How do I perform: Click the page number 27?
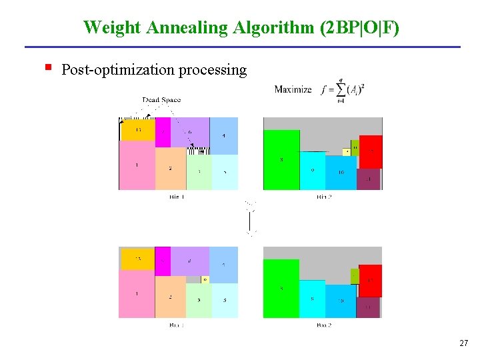click(x=463, y=343)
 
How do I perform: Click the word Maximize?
click(x=293, y=89)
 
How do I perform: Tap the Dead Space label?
click(x=161, y=100)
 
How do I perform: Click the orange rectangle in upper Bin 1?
click(x=138, y=130)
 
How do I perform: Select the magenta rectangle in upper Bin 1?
click(x=163, y=132)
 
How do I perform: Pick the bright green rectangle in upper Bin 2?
click(x=281, y=160)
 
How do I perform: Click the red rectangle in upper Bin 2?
click(x=371, y=151)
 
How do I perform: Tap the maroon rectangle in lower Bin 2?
click(x=368, y=307)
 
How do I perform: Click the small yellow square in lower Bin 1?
click(x=205, y=279)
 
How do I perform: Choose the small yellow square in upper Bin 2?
click(x=347, y=152)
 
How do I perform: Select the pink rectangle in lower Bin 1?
click(x=137, y=293)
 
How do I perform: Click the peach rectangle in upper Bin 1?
click(x=170, y=168)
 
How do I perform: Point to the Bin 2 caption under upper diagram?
click(x=324, y=197)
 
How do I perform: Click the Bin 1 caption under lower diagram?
click(x=177, y=325)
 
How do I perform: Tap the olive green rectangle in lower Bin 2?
click(x=355, y=274)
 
